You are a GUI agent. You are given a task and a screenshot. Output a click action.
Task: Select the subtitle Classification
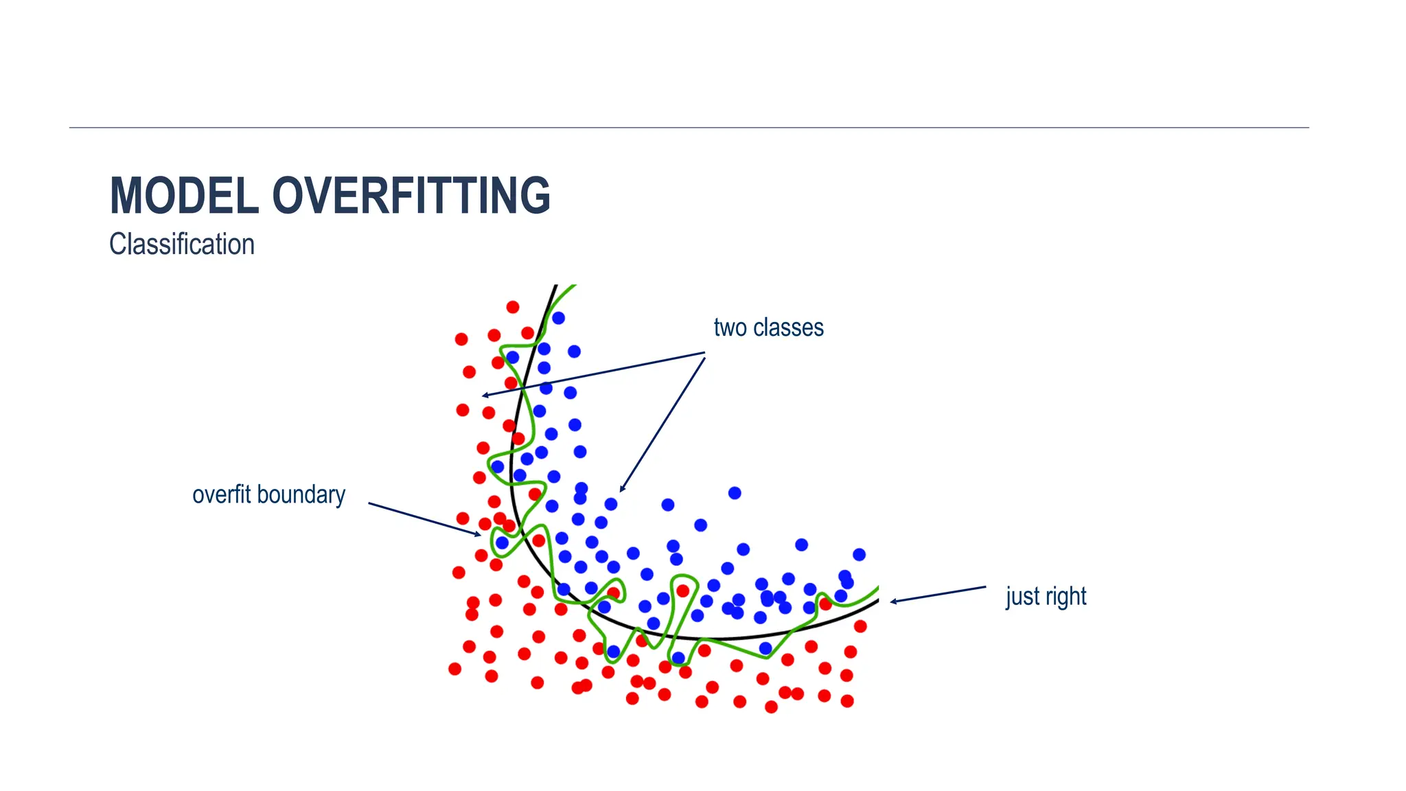click(182, 244)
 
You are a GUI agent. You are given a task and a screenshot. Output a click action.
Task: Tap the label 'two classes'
click(768, 328)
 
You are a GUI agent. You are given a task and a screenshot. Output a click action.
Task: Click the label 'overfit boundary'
click(268, 494)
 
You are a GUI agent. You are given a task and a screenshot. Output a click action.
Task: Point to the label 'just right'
click(1046, 596)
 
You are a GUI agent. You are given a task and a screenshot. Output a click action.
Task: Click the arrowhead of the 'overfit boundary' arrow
click(479, 535)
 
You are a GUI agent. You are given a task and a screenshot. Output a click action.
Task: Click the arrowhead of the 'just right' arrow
click(893, 601)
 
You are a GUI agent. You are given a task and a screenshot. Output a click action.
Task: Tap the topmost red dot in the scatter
click(513, 307)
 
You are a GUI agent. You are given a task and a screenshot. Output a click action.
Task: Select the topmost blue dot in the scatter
click(558, 318)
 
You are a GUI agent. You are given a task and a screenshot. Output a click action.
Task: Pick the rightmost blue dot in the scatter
click(859, 554)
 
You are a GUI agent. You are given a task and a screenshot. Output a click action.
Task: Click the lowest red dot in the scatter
click(771, 707)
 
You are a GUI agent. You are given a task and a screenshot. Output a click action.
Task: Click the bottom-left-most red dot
click(454, 668)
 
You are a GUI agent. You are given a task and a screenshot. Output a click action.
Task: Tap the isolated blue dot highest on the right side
click(735, 493)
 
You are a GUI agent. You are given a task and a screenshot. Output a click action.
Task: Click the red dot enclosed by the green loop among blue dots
click(682, 591)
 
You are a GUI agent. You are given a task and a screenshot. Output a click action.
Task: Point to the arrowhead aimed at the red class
click(485, 395)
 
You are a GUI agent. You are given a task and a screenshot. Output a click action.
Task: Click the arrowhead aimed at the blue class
click(622, 490)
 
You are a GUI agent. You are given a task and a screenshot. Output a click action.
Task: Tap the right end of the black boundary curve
click(877, 601)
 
